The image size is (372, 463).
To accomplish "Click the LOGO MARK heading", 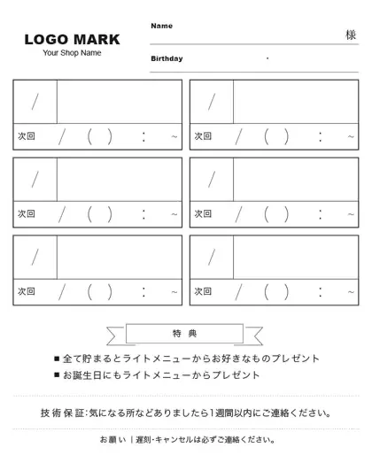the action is pyautogui.click(x=72, y=39).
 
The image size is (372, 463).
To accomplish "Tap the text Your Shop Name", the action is pyautogui.click(x=72, y=53).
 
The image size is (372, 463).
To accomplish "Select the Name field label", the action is pyautogui.click(x=161, y=26).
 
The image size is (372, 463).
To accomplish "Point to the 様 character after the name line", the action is pyautogui.click(x=351, y=35).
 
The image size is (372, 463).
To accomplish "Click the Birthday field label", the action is pyautogui.click(x=167, y=58).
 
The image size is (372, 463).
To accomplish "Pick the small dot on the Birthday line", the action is pyautogui.click(x=267, y=58).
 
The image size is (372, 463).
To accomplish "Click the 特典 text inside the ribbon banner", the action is pyautogui.click(x=185, y=333).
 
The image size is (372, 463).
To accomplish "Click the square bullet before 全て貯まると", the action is pyautogui.click(x=57, y=359).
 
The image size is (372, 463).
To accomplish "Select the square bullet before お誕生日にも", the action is pyautogui.click(x=57, y=375).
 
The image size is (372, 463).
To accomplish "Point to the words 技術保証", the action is pyautogui.click(x=62, y=413).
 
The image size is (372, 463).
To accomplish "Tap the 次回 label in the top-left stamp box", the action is pyautogui.click(x=27, y=136).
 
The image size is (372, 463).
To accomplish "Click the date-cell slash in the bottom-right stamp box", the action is pyautogui.click(x=212, y=257).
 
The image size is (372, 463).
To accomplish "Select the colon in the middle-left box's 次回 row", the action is pyautogui.click(x=143, y=213).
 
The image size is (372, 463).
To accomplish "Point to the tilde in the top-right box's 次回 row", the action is pyautogui.click(x=351, y=136).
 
